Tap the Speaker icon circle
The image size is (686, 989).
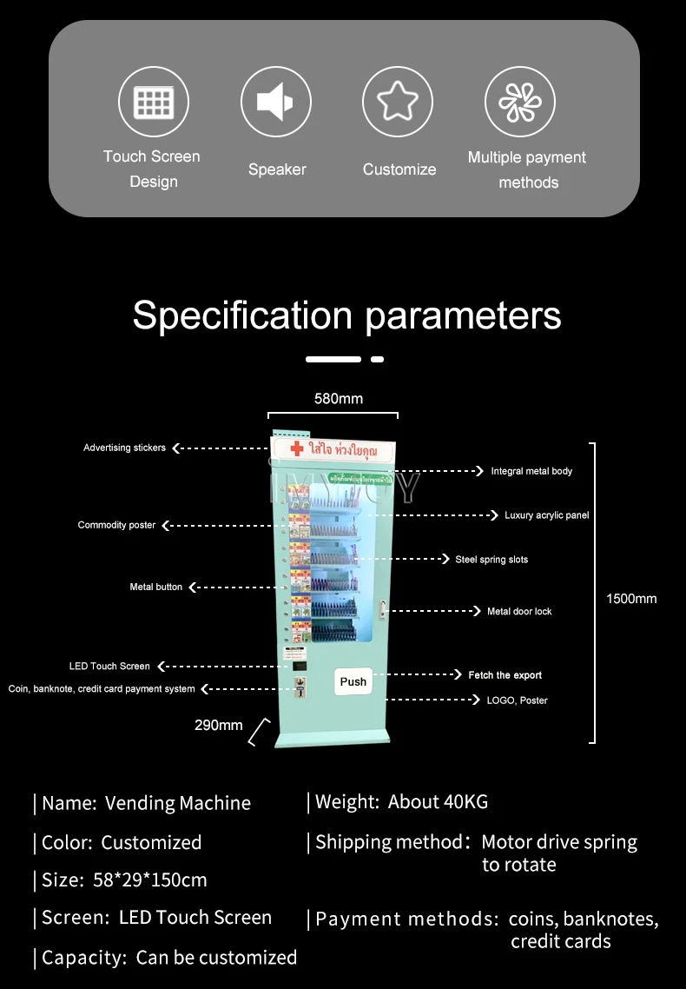[x=276, y=102]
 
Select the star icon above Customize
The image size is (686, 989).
[x=398, y=102]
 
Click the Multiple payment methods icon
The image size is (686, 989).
[x=520, y=102]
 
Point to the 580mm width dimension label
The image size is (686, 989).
[x=339, y=399]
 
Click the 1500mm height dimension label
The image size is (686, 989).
[x=631, y=598]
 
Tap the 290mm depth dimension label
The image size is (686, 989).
[x=219, y=725]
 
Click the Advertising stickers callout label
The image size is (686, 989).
[x=124, y=448]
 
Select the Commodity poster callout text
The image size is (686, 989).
[x=116, y=525]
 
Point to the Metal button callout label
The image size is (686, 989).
[x=156, y=587]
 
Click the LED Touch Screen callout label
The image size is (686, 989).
[x=109, y=666]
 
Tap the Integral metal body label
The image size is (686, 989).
[x=531, y=471]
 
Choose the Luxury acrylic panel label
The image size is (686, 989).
[x=547, y=515]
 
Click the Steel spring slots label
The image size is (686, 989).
[x=491, y=560]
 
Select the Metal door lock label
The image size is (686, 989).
[x=519, y=611]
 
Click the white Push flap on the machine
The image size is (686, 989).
[x=353, y=681]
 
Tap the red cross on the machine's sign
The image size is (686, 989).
[x=297, y=448]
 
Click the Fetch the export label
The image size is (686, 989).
[x=505, y=675]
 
